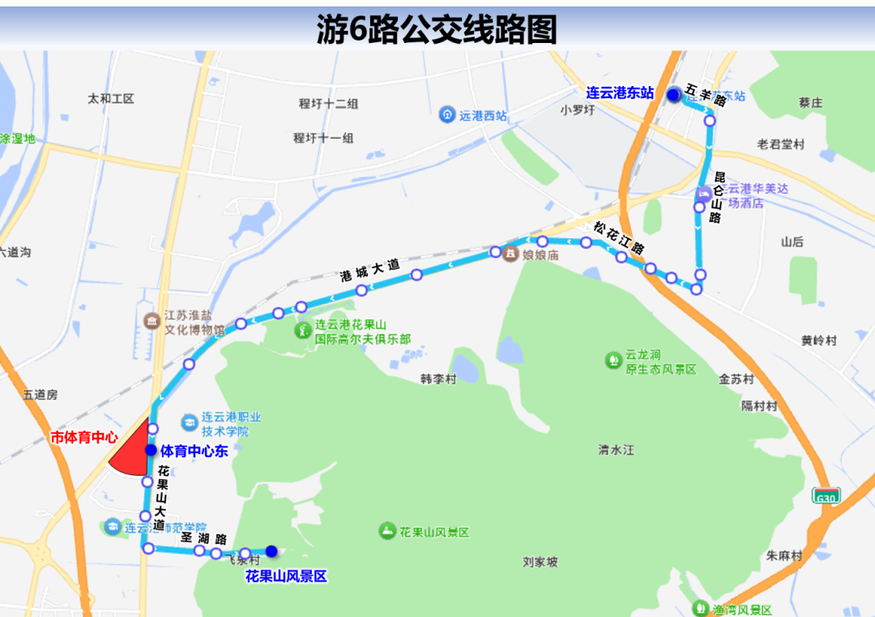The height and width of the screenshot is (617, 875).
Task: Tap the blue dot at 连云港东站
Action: pyautogui.click(x=673, y=96)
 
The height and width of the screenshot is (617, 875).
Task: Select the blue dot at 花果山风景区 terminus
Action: pyautogui.click(x=271, y=551)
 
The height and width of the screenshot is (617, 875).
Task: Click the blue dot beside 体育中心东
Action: pyautogui.click(x=151, y=450)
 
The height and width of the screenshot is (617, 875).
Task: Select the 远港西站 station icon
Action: pyautogui.click(x=446, y=115)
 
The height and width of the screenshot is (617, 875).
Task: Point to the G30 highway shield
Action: pyautogui.click(x=826, y=495)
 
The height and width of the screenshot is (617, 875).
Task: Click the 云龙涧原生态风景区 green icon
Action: pyautogui.click(x=613, y=359)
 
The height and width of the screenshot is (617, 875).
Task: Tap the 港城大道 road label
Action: pyautogui.click(x=370, y=269)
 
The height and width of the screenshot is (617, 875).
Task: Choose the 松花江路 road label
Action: pyautogui.click(x=618, y=238)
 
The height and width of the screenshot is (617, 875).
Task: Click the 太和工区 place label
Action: pyautogui.click(x=111, y=99)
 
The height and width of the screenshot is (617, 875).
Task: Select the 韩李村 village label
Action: pyautogui.click(x=438, y=379)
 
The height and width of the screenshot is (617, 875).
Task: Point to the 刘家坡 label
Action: pyautogui.click(x=540, y=561)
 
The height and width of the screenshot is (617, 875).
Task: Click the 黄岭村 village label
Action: pyautogui.click(x=818, y=341)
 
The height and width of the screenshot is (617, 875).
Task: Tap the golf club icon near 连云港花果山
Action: pyautogui.click(x=302, y=331)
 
